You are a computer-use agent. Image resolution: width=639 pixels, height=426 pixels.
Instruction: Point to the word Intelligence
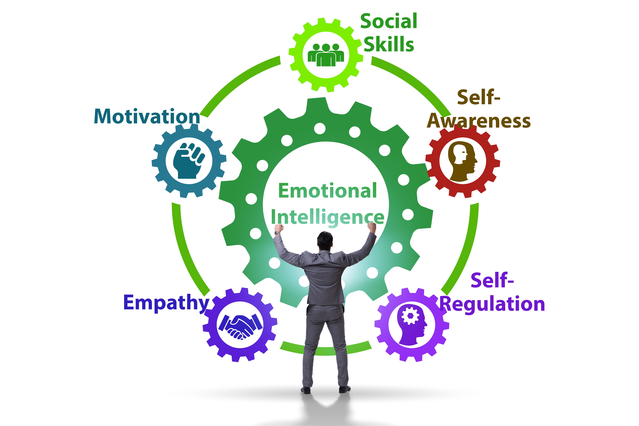[x=327, y=217]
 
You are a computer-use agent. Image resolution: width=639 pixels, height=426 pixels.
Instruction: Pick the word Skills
[x=389, y=44]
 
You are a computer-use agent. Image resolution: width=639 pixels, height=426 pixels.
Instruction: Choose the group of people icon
[x=326, y=55]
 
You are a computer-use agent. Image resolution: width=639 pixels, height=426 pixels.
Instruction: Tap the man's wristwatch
[x=277, y=233]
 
